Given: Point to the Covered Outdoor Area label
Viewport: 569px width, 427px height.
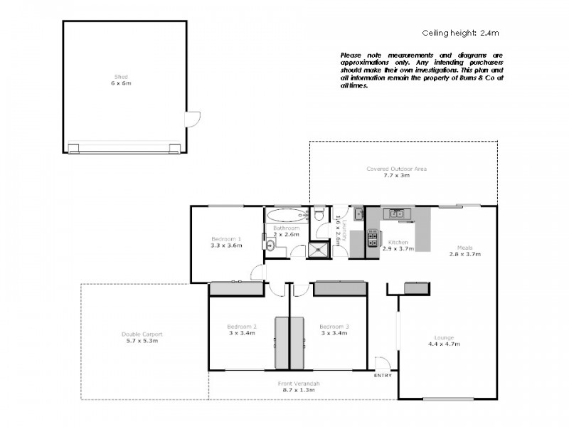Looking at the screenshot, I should pyautogui.click(x=396, y=169).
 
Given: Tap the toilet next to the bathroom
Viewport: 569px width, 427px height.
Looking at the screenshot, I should pyautogui.click(x=320, y=214).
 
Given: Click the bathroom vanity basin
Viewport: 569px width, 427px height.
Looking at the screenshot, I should pyautogui.click(x=271, y=246).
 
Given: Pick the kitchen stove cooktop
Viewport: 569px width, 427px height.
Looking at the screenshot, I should pyautogui.click(x=372, y=238).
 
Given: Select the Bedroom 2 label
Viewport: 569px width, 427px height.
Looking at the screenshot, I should pyautogui.click(x=243, y=326).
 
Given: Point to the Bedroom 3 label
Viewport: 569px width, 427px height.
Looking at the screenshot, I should pyautogui.click(x=334, y=326).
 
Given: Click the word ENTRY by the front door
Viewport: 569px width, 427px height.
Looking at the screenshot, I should pyautogui.click(x=382, y=375).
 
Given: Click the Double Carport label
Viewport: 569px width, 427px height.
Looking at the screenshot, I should pyautogui.click(x=141, y=334).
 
